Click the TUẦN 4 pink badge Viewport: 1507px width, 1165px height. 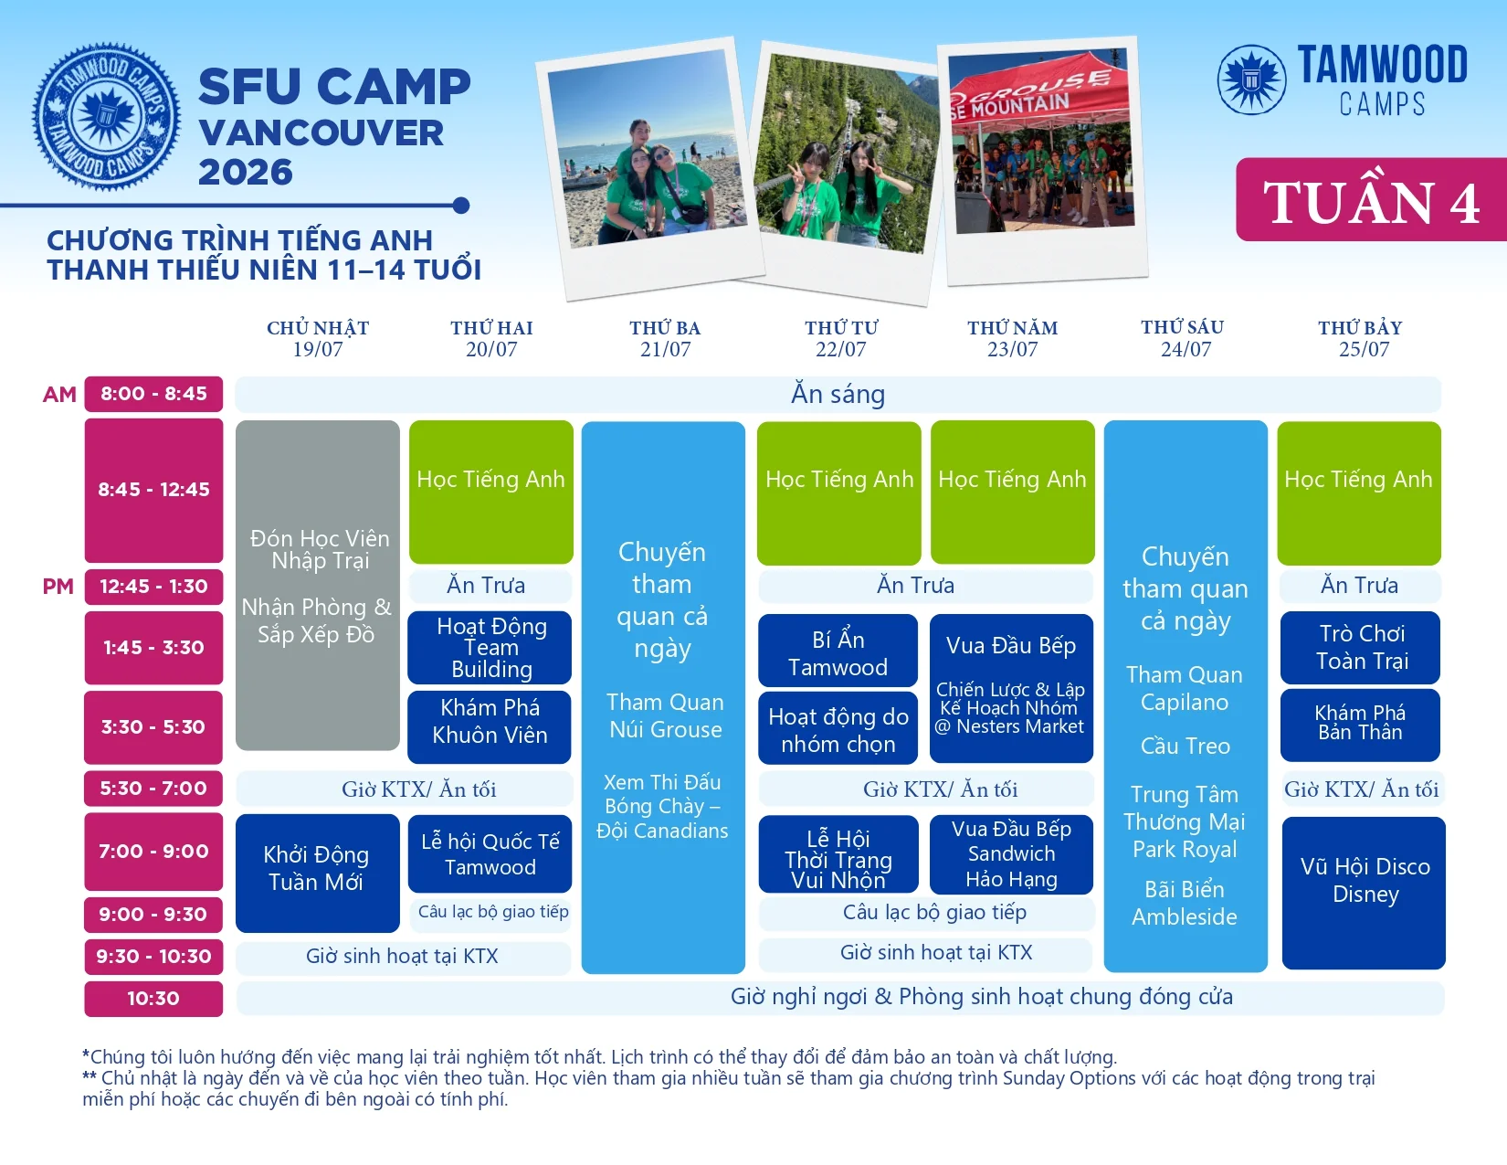1371,200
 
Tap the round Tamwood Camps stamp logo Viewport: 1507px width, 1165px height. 106,117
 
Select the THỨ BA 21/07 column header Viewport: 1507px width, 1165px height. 665,338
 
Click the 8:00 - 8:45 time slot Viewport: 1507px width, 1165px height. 153,394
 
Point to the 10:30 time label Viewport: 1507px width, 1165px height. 153,999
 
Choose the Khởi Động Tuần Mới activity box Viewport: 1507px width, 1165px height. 318,873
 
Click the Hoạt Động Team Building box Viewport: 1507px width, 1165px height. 490,648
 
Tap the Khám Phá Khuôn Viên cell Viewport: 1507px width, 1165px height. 490,726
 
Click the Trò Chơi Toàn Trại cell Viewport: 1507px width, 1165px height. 1360,648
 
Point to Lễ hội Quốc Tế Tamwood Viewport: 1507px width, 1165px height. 490,853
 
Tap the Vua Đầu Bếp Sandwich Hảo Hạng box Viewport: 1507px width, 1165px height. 1011,854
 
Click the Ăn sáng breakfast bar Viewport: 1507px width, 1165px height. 838,394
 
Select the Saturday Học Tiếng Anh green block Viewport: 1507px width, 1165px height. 1359,492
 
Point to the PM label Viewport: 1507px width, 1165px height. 58,587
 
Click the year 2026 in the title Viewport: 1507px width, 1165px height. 246,172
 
